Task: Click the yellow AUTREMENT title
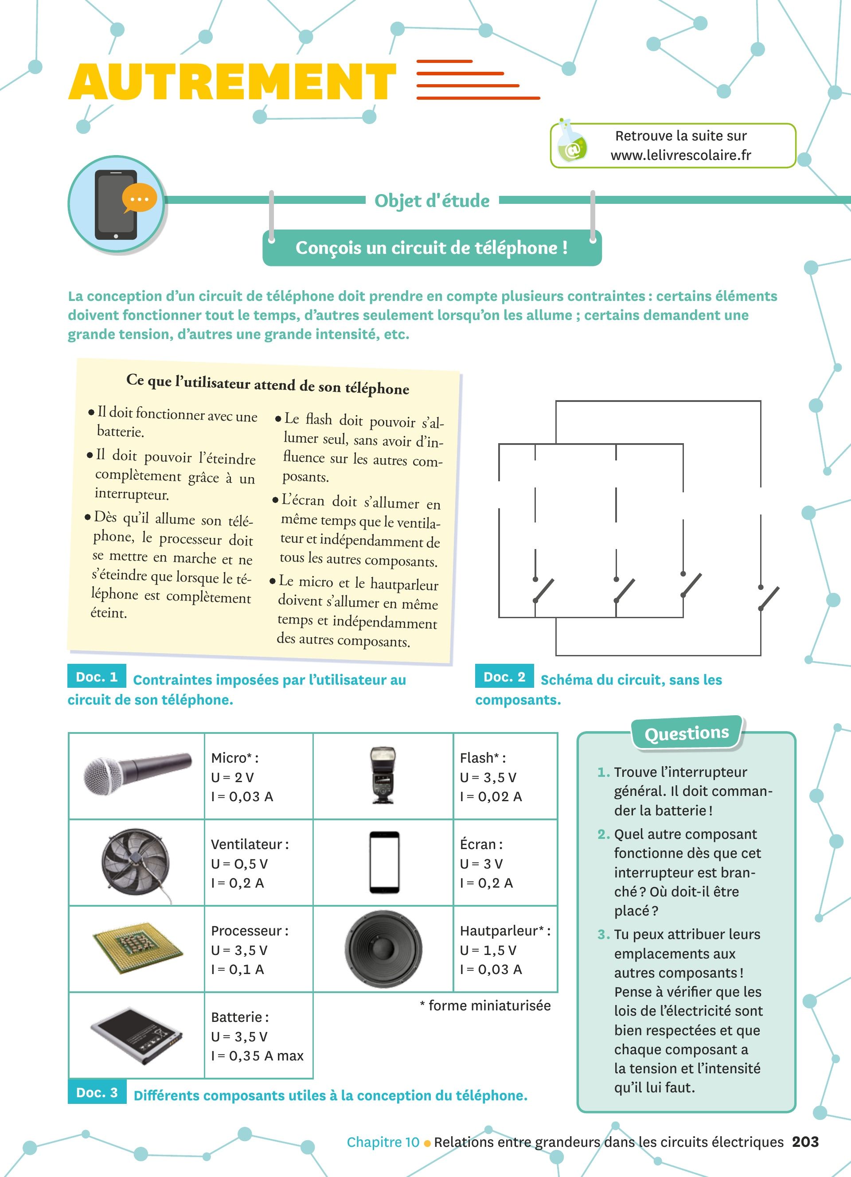point(232,82)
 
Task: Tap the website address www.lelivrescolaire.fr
point(680,155)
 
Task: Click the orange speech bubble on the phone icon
point(139,198)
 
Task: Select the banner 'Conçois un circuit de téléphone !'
point(432,248)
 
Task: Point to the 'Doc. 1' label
point(97,677)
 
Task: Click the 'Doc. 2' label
point(504,677)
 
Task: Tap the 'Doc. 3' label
point(97,1092)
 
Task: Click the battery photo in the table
point(137,1036)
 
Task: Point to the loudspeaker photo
point(383,949)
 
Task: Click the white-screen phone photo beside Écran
point(384,862)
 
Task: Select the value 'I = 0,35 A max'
point(258,1056)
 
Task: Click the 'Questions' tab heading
point(687,733)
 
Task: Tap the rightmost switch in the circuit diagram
point(769,598)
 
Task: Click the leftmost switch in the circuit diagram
point(543,590)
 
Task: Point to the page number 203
point(805,1142)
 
